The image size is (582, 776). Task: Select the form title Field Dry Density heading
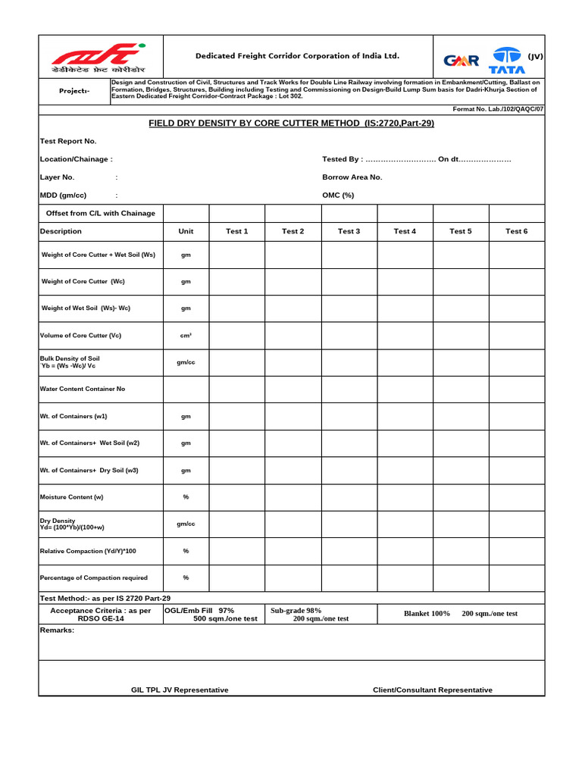click(292, 123)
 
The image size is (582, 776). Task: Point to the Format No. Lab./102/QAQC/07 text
click(498, 109)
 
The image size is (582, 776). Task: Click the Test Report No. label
click(68, 141)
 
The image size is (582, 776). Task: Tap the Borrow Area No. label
click(352, 177)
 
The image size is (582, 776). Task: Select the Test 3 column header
click(349, 231)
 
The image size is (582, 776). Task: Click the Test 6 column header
click(516, 231)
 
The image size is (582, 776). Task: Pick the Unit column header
click(186, 231)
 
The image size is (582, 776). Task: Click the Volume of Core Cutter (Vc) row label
click(80, 335)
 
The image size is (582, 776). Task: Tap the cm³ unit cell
click(186, 335)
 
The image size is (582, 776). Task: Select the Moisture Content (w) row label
click(71, 497)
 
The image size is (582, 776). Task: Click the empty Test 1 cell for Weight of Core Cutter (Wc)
click(236, 281)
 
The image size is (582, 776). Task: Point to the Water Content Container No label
click(83, 389)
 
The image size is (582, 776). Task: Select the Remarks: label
click(57, 630)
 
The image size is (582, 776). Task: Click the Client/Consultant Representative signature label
click(432, 690)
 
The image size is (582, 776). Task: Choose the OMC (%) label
click(338, 195)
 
